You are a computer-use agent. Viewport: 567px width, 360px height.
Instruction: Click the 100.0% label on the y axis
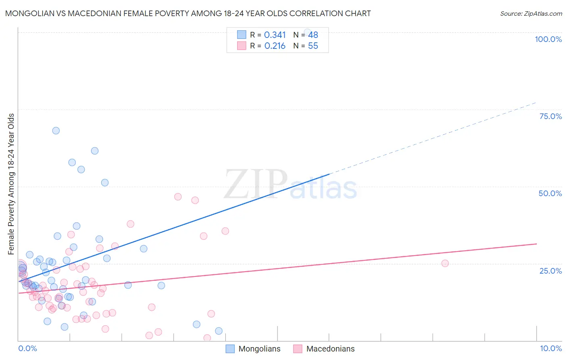pos(548,39)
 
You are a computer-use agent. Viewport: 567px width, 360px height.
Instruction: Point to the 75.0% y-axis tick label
pos(550,116)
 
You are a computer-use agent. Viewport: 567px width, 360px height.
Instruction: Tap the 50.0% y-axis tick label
pos(550,193)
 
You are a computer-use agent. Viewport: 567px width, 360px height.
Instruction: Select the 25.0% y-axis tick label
pos(550,270)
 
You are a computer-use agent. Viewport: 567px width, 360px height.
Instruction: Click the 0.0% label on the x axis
pos(27,348)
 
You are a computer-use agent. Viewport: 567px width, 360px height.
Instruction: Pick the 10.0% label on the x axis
pos(550,348)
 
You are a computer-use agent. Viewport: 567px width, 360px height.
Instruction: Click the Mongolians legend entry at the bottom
pos(259,349)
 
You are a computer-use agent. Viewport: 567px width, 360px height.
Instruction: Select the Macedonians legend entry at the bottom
pos(330,349)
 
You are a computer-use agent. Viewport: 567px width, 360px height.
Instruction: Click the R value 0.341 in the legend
pos(275,35)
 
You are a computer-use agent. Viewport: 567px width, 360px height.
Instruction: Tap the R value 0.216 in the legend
pos(275,46)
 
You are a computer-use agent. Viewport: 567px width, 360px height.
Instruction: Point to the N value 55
pos(313,46)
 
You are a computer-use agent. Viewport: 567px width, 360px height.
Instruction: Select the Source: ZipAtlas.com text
pos(531,13)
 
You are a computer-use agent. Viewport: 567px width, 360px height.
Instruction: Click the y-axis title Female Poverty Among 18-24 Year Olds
pos(11,184)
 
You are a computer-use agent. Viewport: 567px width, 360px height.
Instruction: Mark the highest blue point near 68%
pos(56,130)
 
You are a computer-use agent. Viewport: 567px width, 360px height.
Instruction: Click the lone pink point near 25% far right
pos(445,263)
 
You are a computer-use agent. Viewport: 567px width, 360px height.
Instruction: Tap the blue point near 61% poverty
pos(95,151)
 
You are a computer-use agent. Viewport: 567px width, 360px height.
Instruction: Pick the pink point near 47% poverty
pos(178,197)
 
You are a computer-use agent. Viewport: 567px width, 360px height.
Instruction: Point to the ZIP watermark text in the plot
pos(255,185)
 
